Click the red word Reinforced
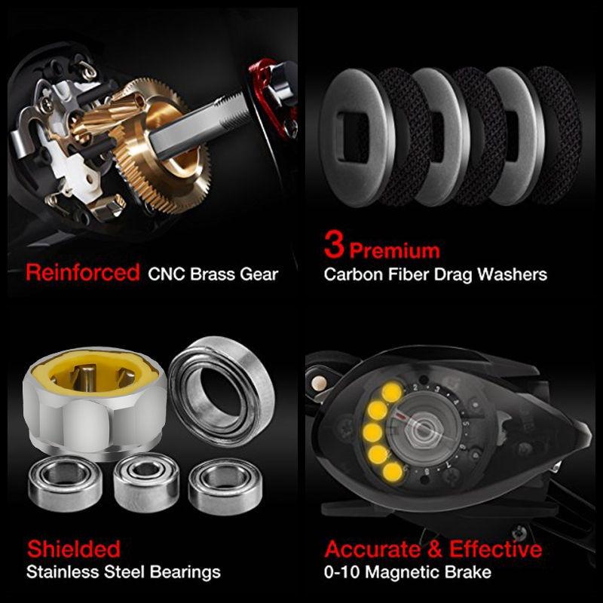(82, 273)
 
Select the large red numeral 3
(333, 244)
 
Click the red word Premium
(394, 251)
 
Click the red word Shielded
(73, 549)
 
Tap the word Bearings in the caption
(185, 572)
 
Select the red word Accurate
(372, 549)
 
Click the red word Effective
(495, 549)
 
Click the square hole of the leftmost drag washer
(353, 136)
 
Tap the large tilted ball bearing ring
(221, 391)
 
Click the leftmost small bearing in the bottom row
(65, 483)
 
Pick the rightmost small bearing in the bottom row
(225, 486)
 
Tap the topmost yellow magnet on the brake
(391, 392)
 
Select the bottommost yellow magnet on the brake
(392, 473)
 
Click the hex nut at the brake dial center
(422, 429)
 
